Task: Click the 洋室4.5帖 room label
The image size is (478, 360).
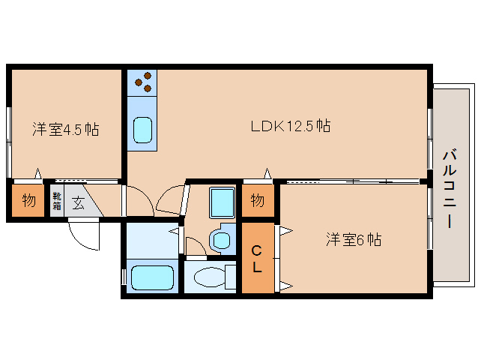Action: tap(65, 129)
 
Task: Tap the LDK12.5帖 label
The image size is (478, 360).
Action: tap(291, 126)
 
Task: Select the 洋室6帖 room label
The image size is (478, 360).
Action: tap(354, 240)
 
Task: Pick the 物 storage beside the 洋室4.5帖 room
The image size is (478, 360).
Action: tap(28, 201)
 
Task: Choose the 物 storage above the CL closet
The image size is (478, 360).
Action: tap(257, 200)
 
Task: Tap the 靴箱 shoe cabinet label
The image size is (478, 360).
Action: tap(56, 201)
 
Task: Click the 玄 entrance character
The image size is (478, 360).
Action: tap(78, 201)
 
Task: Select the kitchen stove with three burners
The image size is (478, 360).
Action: tap(142, 82)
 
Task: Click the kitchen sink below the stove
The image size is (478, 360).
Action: tap(142, 130)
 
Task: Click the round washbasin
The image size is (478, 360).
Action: tap(221, 240)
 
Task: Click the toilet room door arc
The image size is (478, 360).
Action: tap(196, 244)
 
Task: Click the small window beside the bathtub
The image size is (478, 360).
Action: tap(124, 276)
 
